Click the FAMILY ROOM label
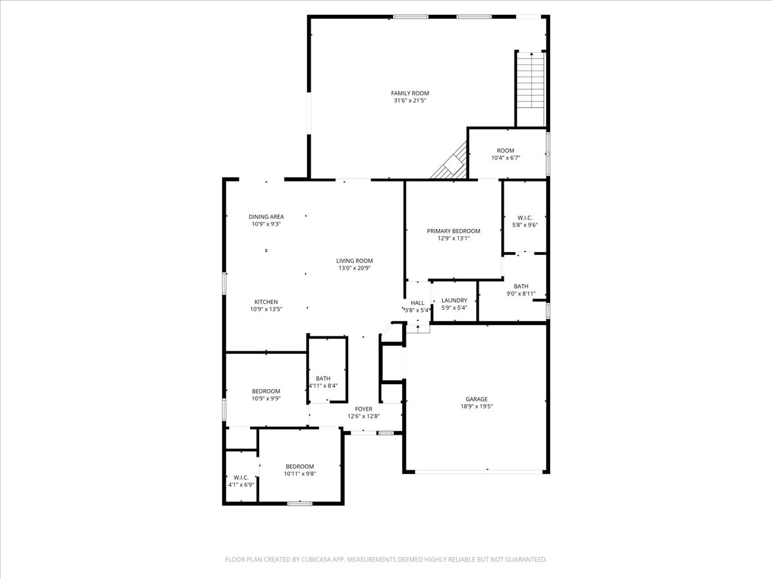tap(410, 93)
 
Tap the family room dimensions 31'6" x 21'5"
tap(410, 101)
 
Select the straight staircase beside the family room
tap(531, 89)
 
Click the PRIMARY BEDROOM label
tap(454, 231)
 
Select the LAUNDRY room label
tap(454, 300)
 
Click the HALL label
tap(418, 303)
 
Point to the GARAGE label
tap(477, 399)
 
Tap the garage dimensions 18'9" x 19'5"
tap(477, 407)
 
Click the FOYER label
tap(364, 409)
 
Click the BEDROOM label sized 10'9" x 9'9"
tap(266, 391)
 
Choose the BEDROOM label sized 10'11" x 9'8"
tap(300, 466)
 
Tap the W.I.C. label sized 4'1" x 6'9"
tap(241, 477)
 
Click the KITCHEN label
tap(266, 302)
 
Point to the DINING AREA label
tap(266, 217)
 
